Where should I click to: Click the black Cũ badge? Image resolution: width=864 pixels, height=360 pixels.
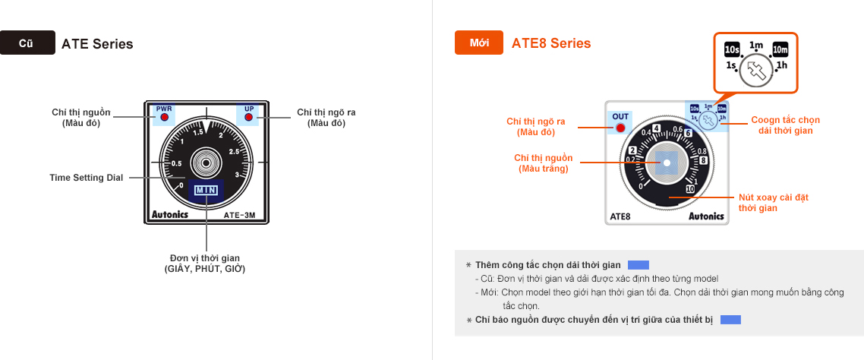(27, 43)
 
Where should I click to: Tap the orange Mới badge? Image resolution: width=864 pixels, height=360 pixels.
(478, 43)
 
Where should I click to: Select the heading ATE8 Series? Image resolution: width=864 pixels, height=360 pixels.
(551, 43)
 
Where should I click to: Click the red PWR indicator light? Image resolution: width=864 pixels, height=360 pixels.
(164, 118)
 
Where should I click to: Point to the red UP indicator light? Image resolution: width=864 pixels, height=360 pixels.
(248, 118)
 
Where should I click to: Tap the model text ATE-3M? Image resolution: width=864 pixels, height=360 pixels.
(244, 215)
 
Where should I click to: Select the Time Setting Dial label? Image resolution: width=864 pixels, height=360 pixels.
(87, 178)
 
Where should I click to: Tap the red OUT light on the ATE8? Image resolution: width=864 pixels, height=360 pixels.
(620, 128)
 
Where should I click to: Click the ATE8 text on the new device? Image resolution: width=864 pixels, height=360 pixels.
(620, 216)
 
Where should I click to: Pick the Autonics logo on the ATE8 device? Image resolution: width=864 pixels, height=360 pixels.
(706, 216)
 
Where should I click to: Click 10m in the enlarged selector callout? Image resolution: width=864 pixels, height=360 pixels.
(780, 50)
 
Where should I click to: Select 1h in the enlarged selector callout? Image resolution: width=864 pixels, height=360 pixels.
(781, 66)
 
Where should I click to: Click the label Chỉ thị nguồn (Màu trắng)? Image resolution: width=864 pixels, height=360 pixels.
(543, 163)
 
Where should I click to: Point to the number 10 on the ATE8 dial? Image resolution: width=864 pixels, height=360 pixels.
(689, 189)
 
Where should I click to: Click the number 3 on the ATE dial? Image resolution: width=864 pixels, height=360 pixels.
(238, 175)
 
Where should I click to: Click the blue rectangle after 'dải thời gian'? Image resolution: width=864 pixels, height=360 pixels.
(639, 265)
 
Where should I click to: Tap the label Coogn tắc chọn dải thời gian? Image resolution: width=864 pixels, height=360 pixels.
(785, 125)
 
